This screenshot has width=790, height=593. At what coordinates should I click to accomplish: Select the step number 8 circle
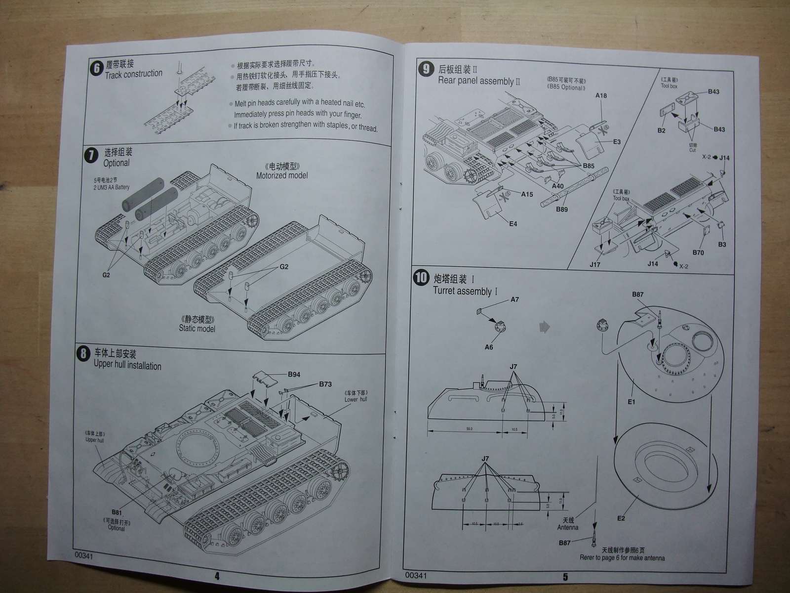pyautogui.click(x=84, y=354)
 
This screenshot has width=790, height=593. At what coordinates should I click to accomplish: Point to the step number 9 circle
pyautogui.click(x=426, y=69)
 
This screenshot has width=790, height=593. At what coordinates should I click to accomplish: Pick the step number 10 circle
pyautogui.click(x=421, y=278)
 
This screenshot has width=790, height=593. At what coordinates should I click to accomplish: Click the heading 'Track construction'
pyautogui.click(x=133, y=74)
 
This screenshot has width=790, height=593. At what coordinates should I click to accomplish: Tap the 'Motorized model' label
pyautogui.click(x=282, y=175)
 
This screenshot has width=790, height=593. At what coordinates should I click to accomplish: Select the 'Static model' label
pyautogui.click(x=197, y=328)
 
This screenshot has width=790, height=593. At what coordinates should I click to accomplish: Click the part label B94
pyautogui.click(x=294, y=374)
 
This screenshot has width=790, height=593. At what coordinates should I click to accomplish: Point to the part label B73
pyautogui.click(x=325, y=384)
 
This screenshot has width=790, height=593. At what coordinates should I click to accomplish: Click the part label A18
pyautogui.click(x=601, y=95)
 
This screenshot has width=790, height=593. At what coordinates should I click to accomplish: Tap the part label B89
pyautogui.click(x=561, y=209)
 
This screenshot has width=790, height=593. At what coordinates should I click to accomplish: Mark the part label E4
pyautogui.click(x=513, y=224)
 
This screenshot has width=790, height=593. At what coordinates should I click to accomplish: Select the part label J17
pyautogui.click(x=595, y=264)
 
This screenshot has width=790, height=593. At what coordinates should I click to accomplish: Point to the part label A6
pyautogui.click(x=488, y=347)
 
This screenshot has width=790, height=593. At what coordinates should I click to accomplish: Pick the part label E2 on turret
pyautogui.click(x=621, y=518)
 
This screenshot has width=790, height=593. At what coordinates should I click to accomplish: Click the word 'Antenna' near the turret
pyautogui.click(x=567, y=527)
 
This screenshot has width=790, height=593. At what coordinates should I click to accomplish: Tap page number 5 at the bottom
pyautogui.click(x=565, y=577)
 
